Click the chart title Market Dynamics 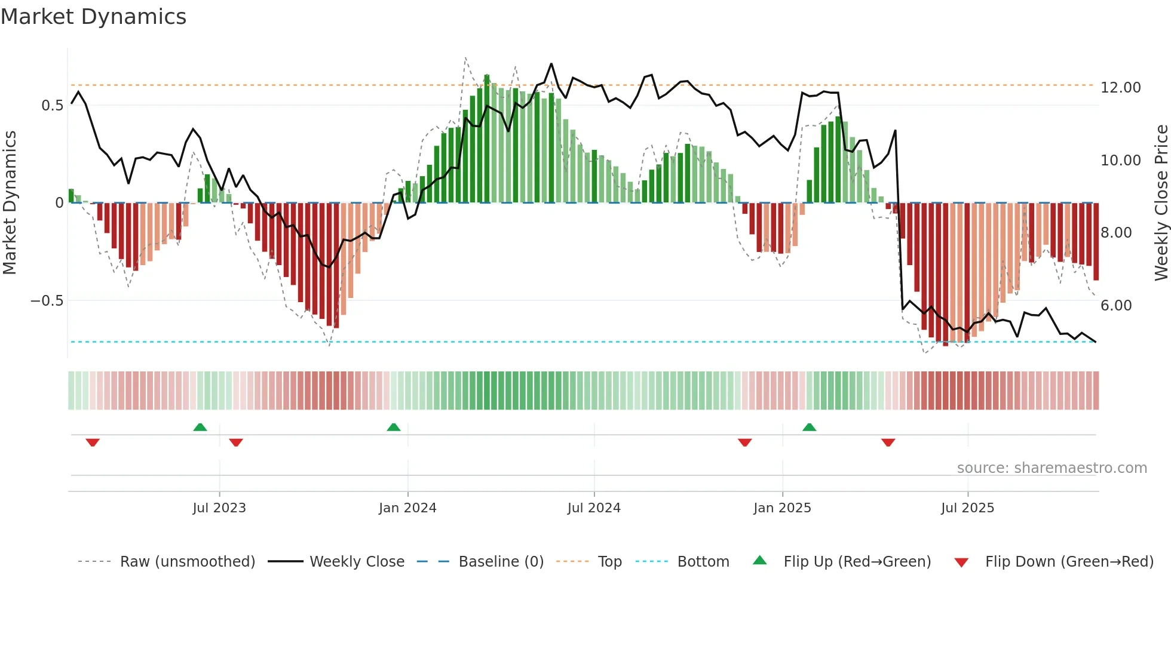93,17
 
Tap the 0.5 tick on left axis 52,106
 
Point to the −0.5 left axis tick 47,301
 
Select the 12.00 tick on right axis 1120,88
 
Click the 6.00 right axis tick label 1116,306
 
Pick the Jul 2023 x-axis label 219,508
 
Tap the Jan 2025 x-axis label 782,508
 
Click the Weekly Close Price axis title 1161,203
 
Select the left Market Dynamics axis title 10,203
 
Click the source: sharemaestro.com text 1052,468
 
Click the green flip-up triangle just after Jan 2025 809,428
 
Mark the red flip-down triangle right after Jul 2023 236,442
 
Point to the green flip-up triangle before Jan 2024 393,428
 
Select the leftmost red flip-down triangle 93,442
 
